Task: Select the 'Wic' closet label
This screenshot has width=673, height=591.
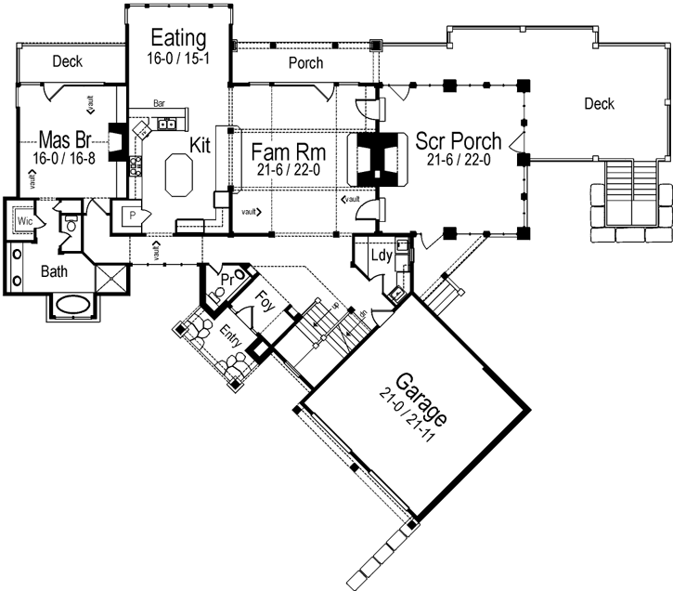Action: pyautogui.click(x=25, y=223)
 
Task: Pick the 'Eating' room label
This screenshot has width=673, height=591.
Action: pyautogui.click(x=177, y=38)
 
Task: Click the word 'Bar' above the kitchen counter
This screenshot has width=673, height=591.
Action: pyautogui.click(x=160, y=107)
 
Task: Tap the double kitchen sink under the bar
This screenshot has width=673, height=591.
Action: pyautogui.click(x=168, y=123)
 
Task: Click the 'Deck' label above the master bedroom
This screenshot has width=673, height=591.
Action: pyautogui.click(x=67, y=62)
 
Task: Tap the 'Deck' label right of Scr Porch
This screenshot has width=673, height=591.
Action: pyautogui.click(x=599, y=103)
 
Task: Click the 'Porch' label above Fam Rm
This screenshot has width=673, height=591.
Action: pyautogui.click(x=305, y=63)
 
